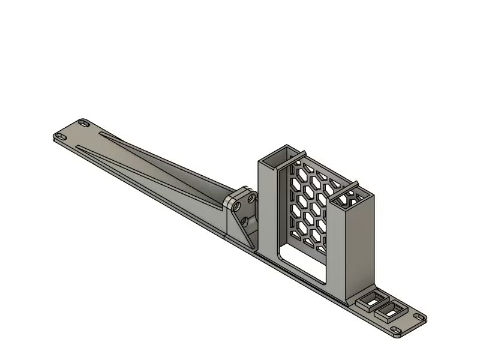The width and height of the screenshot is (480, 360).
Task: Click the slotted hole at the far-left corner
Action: [x=61, y=136]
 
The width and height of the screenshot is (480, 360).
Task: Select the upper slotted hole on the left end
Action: [x=84, y=123]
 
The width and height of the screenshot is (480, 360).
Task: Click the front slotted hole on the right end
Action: [x=397, y=331]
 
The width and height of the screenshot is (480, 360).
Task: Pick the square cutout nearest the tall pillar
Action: [x=372, y=298]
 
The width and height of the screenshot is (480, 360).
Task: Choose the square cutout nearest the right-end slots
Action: [x=391, y=309]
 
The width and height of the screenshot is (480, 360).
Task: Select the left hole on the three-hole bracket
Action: [x=238, y=205]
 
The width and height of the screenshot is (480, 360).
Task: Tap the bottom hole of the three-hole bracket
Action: [x=246, y=221]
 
